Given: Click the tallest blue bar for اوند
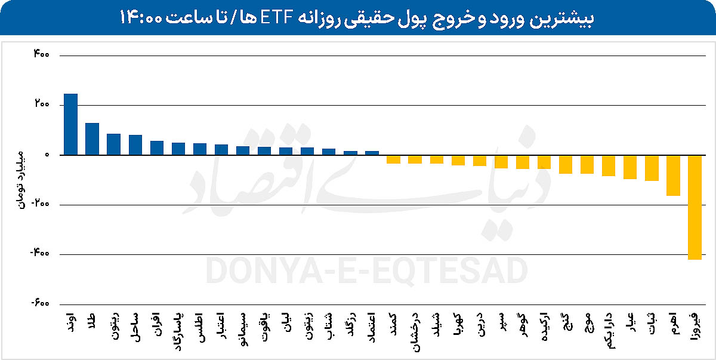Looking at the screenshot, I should click(x=70, y=124).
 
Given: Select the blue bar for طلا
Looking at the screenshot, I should click(x=92, y=139).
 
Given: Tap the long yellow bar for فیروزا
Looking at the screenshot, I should click(x=695, y=207).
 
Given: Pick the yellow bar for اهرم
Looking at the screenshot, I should click(x=673, y=176).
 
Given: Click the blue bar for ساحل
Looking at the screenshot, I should click(x=135, y=145).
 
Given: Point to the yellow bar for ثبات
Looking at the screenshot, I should click(x=652, y=168).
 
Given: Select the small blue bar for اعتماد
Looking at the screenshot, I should click(x=372, y=153).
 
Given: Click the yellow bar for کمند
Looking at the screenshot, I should click(x=393, y=159).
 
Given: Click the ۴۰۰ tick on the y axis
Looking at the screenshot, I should click(x=41, y=55).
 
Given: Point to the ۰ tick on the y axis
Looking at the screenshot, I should click(x=46, y=155).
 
